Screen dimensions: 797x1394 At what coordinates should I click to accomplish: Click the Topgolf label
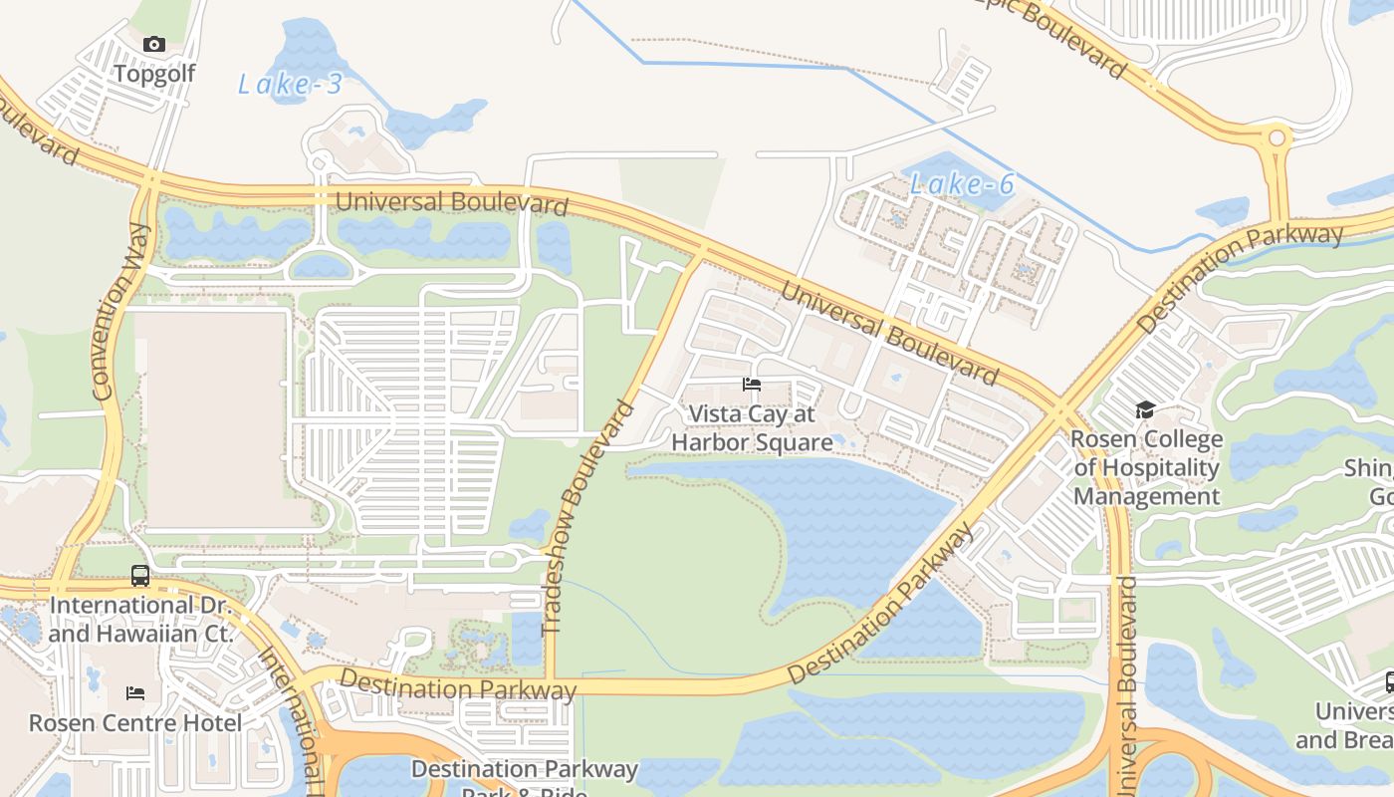[153, 74]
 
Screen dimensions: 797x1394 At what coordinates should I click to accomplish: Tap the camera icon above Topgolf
[153, 44]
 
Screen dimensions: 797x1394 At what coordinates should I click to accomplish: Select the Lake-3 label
[290, 85]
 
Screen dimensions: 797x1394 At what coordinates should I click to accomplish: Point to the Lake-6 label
[962, 184]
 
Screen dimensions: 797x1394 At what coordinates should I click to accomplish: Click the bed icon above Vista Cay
[752, 385]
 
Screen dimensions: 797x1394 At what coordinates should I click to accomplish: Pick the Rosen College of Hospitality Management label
[1146, 467]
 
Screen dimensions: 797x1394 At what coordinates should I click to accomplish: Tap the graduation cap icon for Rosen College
[1145, 409]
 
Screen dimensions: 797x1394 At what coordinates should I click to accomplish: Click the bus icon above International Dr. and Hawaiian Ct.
[140, 575]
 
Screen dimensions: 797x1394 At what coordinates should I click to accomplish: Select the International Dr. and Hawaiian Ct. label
[140, 619]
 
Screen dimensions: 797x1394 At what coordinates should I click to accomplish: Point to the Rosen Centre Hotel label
[135, 723]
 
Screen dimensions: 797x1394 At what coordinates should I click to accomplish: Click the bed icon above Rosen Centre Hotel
[135, 692]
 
